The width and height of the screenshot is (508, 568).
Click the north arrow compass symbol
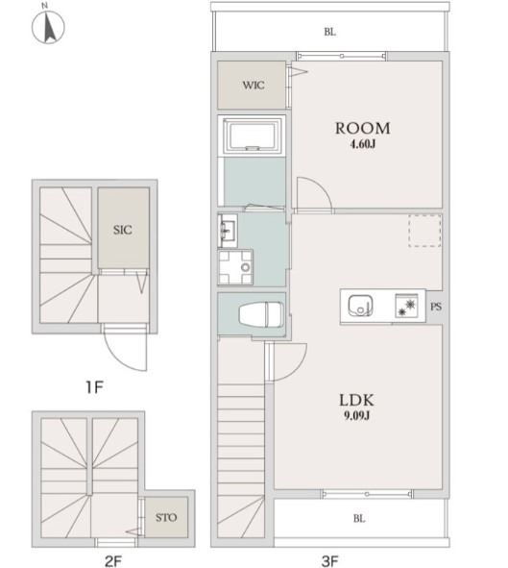coord(48,27)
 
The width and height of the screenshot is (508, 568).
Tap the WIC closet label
coord(254,86)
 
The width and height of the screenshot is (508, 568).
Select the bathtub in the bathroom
coord(253,136)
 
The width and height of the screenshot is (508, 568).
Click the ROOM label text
coord(363,128)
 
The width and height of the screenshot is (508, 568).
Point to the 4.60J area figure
coord(363,144)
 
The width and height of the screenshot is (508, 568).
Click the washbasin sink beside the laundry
coord(228,231)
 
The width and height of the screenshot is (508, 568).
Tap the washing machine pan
coord(235,267)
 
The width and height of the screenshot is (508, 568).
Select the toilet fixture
coord(260,315)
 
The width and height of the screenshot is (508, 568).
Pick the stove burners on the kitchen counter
coord(407,306)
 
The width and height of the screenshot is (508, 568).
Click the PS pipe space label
coord(436,307)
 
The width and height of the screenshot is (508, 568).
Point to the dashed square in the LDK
coord(424,231)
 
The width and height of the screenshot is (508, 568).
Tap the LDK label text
coord(356,400)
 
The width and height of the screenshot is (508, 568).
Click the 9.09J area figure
coord(357,416)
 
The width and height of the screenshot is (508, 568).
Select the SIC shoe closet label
coord(123,230)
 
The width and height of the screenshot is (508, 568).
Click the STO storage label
coord(166,517)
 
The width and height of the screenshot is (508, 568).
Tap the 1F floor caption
coord(94,387)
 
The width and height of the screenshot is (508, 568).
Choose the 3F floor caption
coord(329,561)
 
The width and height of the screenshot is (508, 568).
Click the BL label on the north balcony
coord(329,32)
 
